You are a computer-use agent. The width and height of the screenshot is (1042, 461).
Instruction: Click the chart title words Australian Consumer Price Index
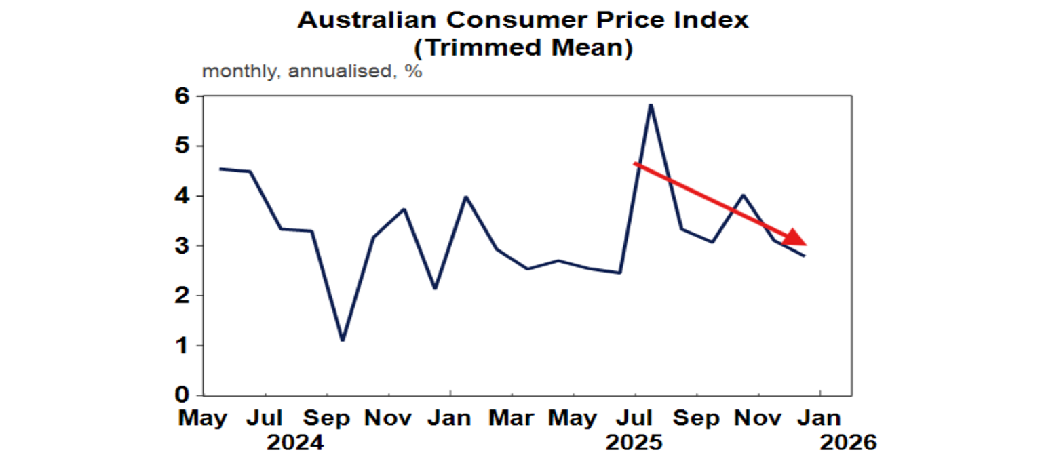523,20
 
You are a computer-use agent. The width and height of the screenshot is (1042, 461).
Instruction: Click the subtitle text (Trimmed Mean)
523,48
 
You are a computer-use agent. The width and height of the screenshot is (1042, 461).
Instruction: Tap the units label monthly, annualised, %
312,71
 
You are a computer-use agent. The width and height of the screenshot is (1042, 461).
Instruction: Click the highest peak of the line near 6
651,105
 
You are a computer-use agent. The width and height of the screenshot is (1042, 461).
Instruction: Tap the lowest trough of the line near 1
343,340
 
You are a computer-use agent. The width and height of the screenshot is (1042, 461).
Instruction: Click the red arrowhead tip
805,244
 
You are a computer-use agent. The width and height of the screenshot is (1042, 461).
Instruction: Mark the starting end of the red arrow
634,163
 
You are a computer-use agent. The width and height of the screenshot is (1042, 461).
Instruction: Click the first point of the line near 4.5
220,169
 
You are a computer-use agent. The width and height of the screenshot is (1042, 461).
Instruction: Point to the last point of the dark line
805,256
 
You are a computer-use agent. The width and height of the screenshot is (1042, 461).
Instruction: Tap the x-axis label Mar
512,418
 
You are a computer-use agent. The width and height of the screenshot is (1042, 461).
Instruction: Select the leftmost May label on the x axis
204,418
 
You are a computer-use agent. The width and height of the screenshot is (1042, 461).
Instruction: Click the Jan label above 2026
820,418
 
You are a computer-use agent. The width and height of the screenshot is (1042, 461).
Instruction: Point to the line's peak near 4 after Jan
466,197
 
